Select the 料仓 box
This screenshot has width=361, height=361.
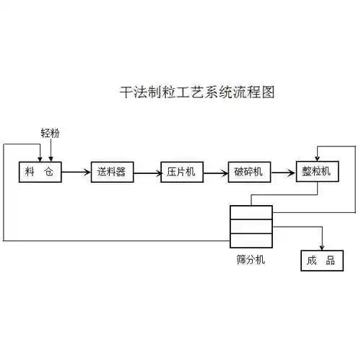40,172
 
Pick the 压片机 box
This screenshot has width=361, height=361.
181,172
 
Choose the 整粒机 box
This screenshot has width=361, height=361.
317,172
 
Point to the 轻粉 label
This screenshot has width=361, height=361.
51,132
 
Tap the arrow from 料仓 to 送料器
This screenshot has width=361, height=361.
76,172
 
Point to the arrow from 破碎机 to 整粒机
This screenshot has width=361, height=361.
284,172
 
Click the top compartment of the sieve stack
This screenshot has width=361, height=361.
251,212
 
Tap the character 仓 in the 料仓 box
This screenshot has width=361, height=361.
48,172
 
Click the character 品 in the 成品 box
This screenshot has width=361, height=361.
330,261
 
